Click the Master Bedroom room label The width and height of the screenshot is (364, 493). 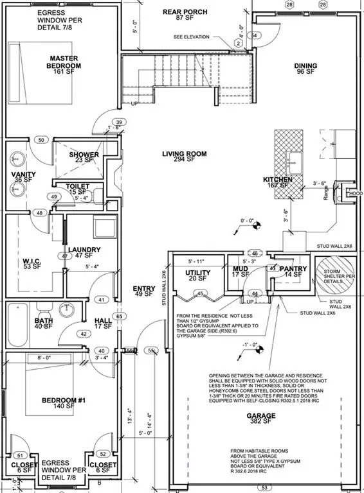coord(65,62)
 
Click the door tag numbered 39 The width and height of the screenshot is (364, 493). coord(118,123)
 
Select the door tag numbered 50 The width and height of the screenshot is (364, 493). coord(41,139)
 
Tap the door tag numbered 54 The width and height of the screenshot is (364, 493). coord(255,35)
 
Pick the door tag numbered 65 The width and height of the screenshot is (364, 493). coord(118,316)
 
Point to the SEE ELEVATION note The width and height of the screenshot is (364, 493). coord(191,37)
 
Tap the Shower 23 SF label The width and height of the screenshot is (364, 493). coord(84,157)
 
